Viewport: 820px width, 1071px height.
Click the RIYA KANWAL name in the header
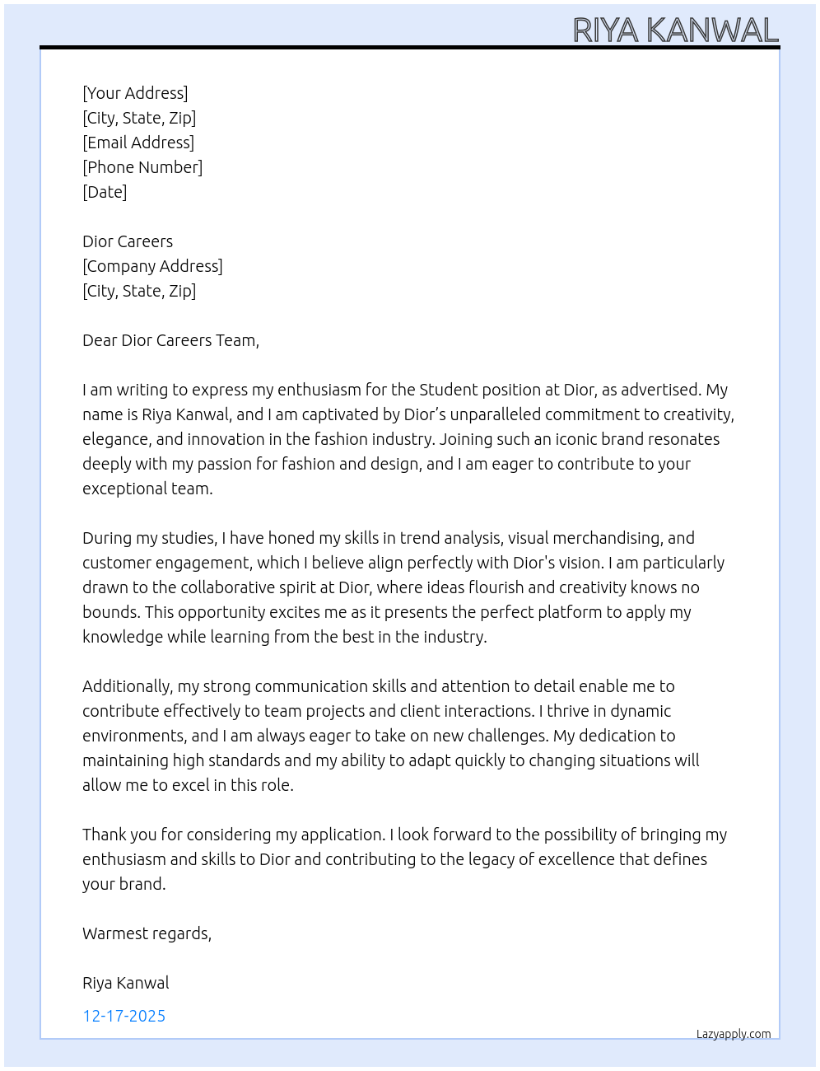point(675,30)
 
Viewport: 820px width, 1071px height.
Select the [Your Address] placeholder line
point(135,93)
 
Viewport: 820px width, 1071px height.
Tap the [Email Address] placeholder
point(138,143)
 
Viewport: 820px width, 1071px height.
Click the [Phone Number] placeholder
point(142,167)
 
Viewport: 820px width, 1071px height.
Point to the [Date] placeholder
point(105,192)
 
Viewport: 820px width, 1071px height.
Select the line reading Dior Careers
point(128,241)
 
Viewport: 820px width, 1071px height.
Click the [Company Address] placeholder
point(152,266)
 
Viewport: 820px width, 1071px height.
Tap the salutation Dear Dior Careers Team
point(170,340)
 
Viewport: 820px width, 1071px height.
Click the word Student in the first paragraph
point(448,390)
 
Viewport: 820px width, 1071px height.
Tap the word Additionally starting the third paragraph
point(127,686)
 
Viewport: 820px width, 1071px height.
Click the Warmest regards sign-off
point(147,933)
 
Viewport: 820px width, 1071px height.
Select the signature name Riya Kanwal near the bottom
point(126,983)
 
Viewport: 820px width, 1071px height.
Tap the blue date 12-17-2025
point(123,1016)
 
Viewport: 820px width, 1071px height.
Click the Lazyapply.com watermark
point(734,1034)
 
